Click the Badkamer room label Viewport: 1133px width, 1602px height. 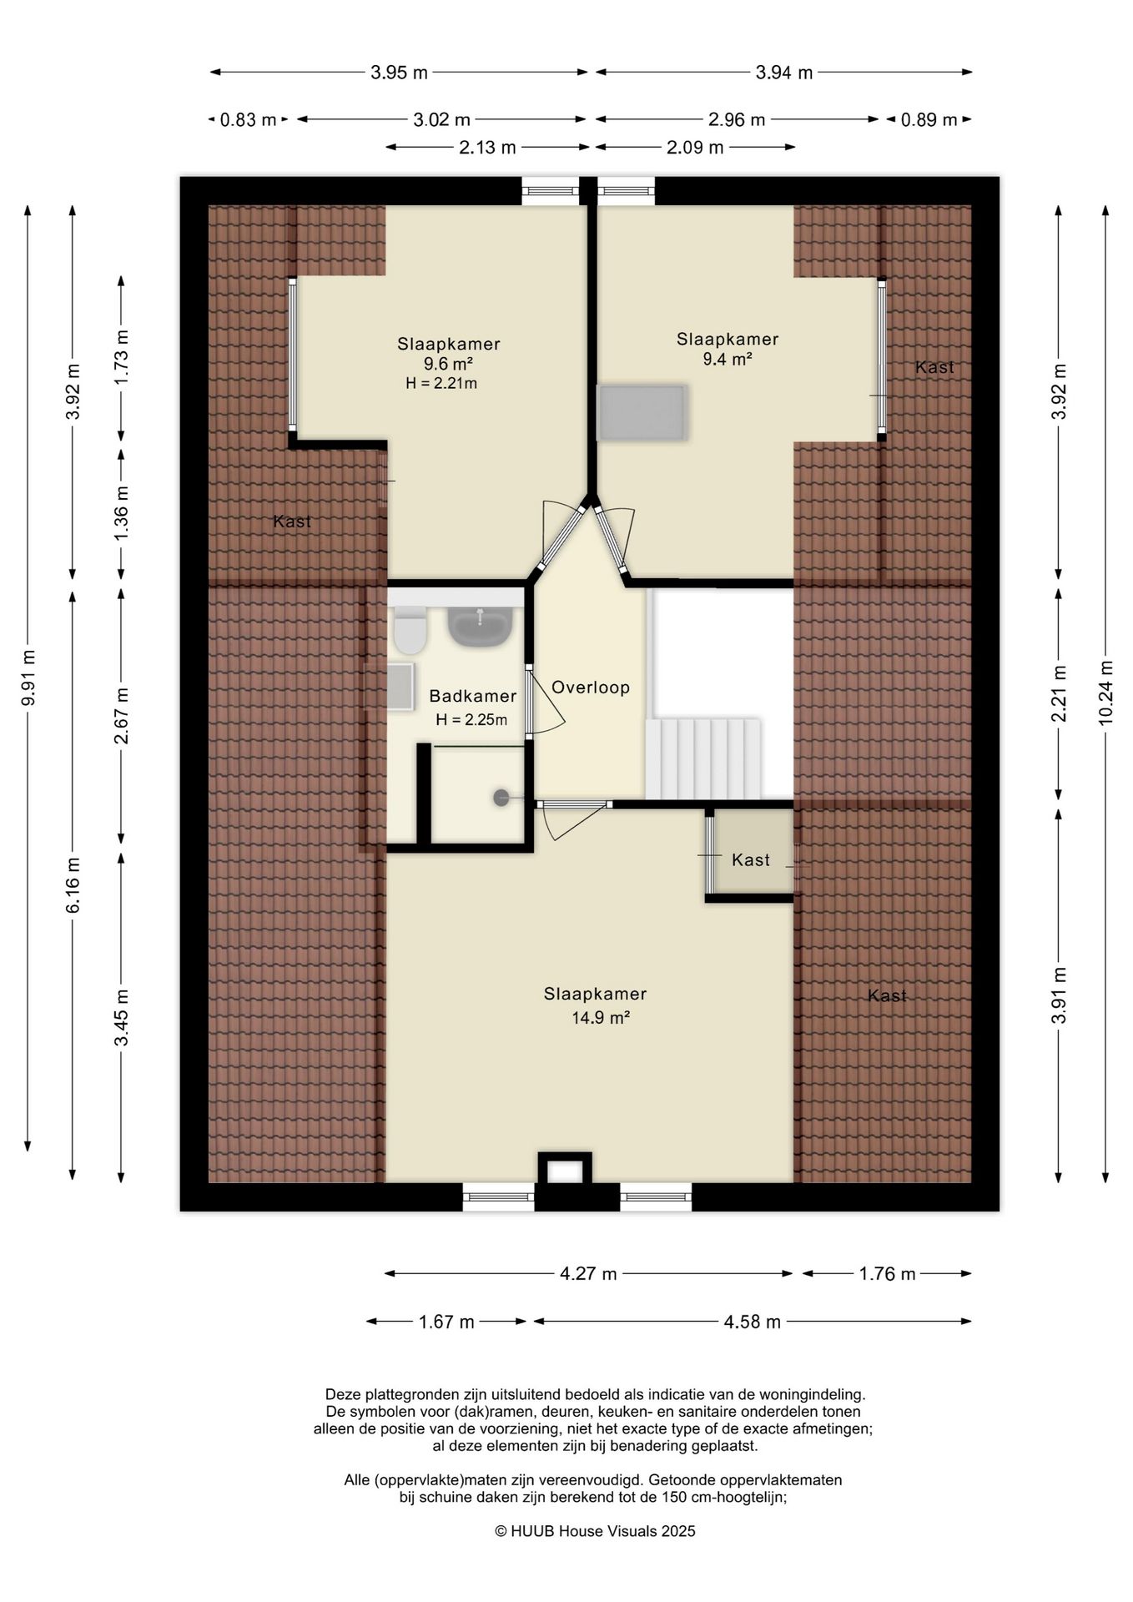coord(472,696)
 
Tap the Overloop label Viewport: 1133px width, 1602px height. coord(591,688)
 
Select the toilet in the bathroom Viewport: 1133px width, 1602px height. coord(410,630)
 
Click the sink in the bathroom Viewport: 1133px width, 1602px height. coord(481,627)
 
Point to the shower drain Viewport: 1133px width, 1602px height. coord(501,798)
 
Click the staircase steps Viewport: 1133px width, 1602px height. coord(703,758)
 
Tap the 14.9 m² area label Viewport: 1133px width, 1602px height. coord(595,1018)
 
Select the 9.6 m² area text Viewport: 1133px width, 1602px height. coord(448,364)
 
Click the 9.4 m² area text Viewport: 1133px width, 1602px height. coord(728,360)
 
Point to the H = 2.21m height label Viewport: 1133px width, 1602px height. coord(441,384)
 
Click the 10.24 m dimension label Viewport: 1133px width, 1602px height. coord(1106,692)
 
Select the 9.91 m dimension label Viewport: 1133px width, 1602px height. coord(28,678)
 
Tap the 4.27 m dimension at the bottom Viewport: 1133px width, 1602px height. coord(588,1274)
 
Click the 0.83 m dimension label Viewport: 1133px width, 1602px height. coord(248,120)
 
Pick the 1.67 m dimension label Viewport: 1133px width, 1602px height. coord(446,1322)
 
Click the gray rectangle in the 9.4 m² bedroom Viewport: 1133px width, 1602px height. coord(642,412)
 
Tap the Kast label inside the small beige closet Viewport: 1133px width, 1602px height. coord(751,859)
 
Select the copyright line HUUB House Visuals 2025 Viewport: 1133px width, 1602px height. coord(595,1531)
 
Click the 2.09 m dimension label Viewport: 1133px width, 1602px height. coord(694,149)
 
